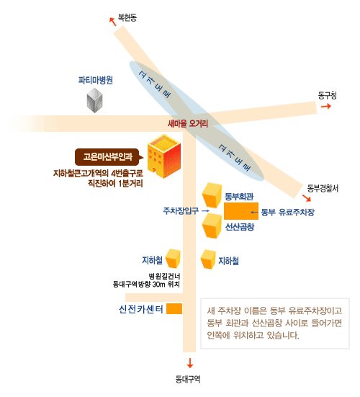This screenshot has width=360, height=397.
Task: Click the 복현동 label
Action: point(127,17)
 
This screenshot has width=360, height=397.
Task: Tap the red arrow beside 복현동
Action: point(112,22)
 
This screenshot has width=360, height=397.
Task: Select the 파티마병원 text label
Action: point(95,80)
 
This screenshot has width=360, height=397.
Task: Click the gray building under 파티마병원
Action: point(94,100)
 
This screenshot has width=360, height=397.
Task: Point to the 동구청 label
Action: point(328,95)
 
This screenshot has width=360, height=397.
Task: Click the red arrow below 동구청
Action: point(326,106)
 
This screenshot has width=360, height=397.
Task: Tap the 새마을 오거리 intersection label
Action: point(188,123)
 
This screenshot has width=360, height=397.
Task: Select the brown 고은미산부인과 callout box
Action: point(109,157)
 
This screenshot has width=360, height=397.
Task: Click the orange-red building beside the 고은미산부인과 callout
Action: point(164,156)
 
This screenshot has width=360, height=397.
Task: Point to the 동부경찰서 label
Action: point(323,188)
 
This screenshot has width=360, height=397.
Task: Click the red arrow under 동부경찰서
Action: point(307,198)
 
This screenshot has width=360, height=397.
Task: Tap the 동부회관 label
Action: point(239,197)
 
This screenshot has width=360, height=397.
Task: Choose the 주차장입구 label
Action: point(181,210)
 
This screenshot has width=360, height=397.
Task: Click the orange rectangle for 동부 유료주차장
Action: point(241,211)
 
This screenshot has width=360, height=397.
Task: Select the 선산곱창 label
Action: point(240,227)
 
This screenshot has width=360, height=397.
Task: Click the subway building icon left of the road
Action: point(173,259)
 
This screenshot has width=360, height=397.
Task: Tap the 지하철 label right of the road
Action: point(228,261)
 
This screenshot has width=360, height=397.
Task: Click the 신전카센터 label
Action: point(141,309)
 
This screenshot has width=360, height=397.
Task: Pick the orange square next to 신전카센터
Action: point(174,308)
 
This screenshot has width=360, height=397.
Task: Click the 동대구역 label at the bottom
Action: point(188,379)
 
